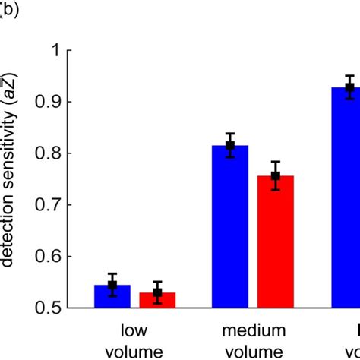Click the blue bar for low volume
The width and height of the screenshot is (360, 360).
[112, 297]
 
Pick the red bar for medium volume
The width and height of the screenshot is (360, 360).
[276, 243]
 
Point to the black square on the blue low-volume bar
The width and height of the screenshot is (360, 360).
[112, 286]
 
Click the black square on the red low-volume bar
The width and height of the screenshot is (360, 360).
[157, 292]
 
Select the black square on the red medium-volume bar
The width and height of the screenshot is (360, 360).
[276, 176]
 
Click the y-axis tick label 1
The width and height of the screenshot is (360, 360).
[55, 50]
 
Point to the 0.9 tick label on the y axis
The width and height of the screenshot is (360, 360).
[46, 102]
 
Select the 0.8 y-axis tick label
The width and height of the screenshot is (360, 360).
[46, 153]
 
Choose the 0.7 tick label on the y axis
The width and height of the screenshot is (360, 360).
[46, 205]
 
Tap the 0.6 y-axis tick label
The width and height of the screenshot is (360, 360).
[46, 257]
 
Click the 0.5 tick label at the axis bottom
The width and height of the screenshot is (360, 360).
[46, 308]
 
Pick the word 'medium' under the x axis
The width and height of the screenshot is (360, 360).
[253, 331]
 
